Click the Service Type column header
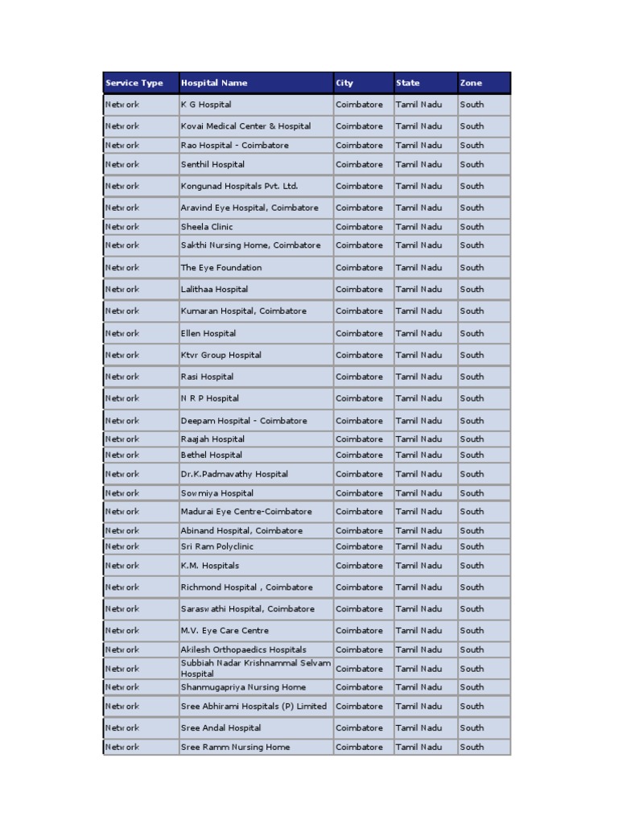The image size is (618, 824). point(134,83)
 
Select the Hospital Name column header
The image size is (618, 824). point(214,83)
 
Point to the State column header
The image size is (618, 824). point(407,83)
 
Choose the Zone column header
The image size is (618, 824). point(471,83)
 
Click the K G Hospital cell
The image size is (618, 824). point(206,105)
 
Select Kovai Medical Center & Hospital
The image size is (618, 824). point(245,126)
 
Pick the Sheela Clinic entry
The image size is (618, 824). point(207,227)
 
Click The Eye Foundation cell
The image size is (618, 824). point(221,268)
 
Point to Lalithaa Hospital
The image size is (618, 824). point(214,289)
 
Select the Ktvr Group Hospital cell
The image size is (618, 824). point(220,355)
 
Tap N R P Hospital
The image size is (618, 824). point(209,398)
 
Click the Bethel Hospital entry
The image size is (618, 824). point(211,455)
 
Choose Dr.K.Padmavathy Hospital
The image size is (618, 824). point(234,474)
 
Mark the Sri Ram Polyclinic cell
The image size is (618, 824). point(216,546)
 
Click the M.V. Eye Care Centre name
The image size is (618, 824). point(225,631)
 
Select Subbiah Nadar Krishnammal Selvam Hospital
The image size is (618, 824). point(255,668)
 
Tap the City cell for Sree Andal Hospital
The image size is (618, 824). point(359,728)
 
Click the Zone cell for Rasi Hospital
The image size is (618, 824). point(472,377)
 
